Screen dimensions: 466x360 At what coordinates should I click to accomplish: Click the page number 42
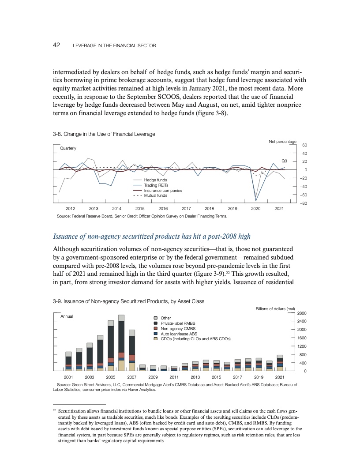(x=56, y=45)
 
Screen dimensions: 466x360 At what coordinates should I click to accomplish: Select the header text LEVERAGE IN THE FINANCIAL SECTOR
(x=114, y=46)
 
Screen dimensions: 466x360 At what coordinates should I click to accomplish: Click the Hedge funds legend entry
(x=156, y=180)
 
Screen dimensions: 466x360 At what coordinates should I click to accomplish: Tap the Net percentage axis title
(x=282, y=141)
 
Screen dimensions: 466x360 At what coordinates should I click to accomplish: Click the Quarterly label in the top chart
(x=68, y=148)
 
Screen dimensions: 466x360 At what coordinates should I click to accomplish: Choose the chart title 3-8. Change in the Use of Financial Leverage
(x=104, y=134)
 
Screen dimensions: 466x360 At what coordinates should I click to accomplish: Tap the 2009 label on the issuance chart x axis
(x=153, y=377)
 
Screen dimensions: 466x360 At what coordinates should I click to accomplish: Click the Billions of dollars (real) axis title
(x=275, y=308)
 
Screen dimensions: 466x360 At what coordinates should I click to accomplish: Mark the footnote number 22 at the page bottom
(x=54, y=410)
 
